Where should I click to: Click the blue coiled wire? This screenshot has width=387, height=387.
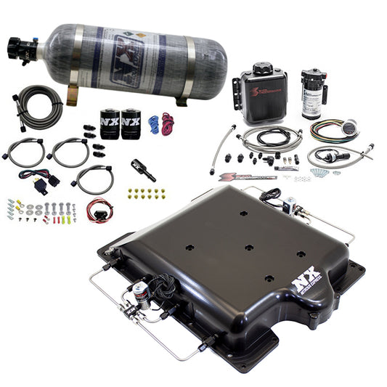tap(153, 123)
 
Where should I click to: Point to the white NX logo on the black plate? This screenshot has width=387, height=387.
tap(306, 281)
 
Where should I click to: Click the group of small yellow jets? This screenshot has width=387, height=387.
tap(146, 193)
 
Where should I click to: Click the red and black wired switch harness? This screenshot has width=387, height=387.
tap(98, 211)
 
